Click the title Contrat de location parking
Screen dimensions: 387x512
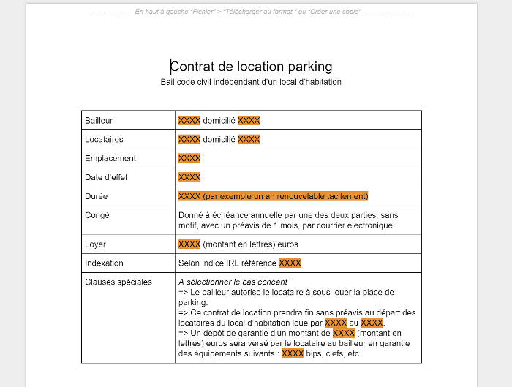point(251,67)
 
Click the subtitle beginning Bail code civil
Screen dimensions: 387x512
point(251,82)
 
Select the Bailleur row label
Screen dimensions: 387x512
point(99,120)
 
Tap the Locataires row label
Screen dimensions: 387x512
point(104,139)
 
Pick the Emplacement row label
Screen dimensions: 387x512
point(110,158)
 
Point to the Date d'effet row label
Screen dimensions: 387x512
point(106,177)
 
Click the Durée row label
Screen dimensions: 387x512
point(97,196)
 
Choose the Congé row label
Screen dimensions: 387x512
point(97,215)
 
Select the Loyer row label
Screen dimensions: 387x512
point(96,244)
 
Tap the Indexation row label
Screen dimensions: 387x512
point(104,263)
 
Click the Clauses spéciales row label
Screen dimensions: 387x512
point(118,282)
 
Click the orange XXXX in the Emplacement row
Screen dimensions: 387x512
point(189,158)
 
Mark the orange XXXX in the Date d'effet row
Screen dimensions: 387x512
point(189,177)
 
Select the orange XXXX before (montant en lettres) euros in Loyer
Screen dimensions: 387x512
point(189,244)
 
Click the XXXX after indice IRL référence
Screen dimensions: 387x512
point(290,263)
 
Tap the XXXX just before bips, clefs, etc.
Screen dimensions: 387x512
point(293,353)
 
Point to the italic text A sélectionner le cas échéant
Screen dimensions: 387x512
point(233,282)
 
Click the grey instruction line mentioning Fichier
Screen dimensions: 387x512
point(251,12)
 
